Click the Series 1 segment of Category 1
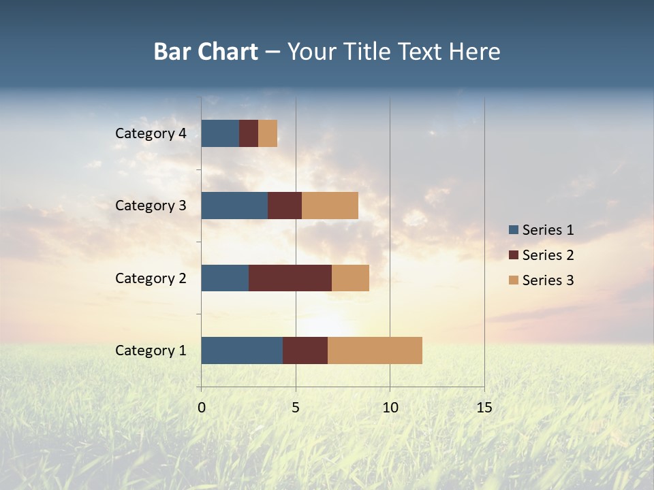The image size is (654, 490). [x=242, y=350]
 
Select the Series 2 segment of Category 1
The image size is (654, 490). [x=305, y=350]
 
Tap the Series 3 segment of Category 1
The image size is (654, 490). [x=375, y=350]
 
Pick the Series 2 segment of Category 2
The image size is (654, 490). [x=290, y=278]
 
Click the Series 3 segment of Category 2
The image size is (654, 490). [x=350, y=278]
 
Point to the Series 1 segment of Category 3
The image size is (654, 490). [x=234, y=206]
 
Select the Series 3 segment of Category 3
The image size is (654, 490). [x=330, y=206]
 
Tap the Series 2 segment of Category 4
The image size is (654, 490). [x=249, y=133]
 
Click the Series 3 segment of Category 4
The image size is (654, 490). [x=268, y=133]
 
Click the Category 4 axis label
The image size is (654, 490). [x=151, y=133]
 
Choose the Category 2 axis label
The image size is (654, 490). [x=151, y=278]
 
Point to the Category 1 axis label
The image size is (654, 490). [x=151, y=350]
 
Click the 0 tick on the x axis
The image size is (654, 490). [x=202, y=408]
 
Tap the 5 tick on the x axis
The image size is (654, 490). [x=296, y=408]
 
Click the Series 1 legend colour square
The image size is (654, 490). [x=513, y=230]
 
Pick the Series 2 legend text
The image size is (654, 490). [x=548, y=255]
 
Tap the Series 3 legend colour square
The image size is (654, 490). [x=513, y=280]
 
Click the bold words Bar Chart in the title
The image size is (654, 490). [x=206, y=52]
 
